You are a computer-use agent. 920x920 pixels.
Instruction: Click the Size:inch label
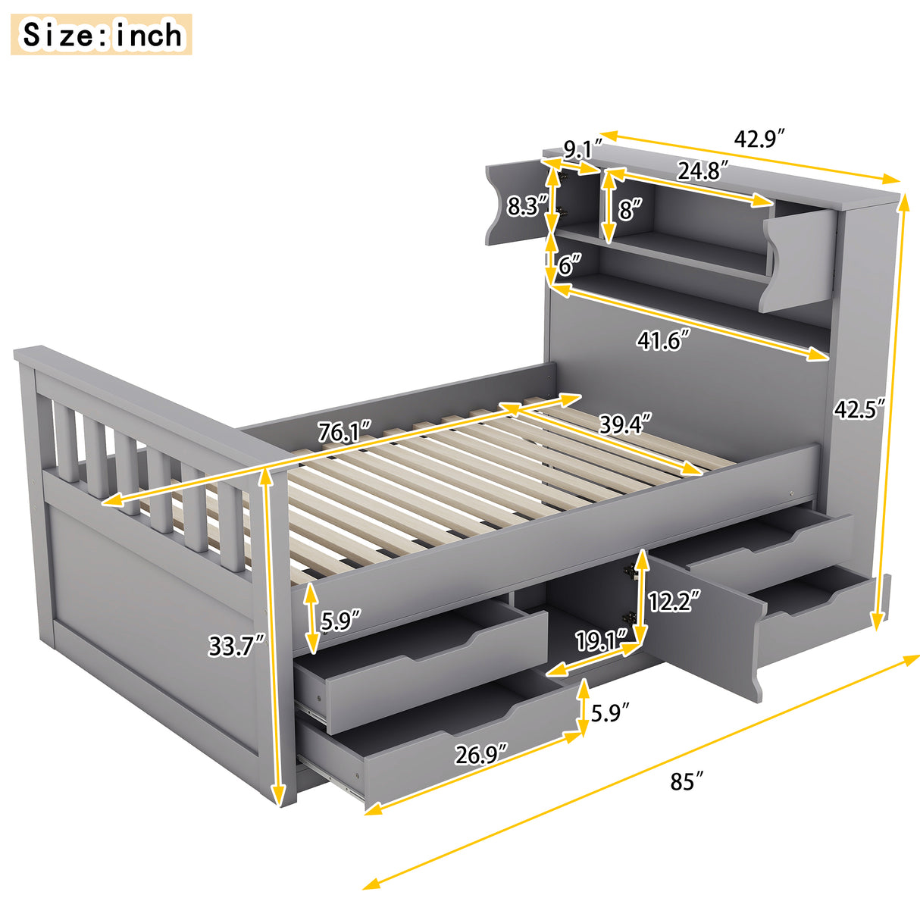coord(102,35)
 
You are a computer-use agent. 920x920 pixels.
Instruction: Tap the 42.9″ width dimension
coord(759,139)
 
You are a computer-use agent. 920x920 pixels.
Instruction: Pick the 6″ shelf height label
coord(569,264)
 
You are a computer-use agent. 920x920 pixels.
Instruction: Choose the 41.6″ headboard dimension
coord(664,340)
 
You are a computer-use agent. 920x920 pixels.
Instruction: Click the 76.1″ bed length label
coord(344,432)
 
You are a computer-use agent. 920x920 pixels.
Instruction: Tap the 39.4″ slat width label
coord(625,424)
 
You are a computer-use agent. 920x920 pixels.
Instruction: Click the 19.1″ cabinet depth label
coord(602,641)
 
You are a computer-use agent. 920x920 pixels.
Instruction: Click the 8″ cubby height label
coord(630,209)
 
